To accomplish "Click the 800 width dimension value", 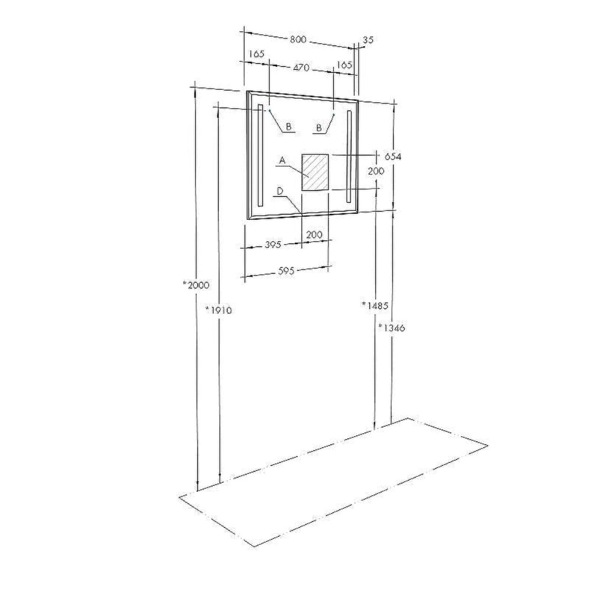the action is [298, 39].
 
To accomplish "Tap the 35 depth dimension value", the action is [368, 39].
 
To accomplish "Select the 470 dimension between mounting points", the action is [301, 67].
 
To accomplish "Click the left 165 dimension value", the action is [256, 54].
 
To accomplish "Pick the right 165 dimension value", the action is [344, 64].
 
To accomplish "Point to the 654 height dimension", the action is [393, 156].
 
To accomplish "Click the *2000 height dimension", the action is [196, 285].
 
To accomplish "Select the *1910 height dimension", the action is [219, 310].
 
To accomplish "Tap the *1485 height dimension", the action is [375, 306].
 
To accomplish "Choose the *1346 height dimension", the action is [392, 327].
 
